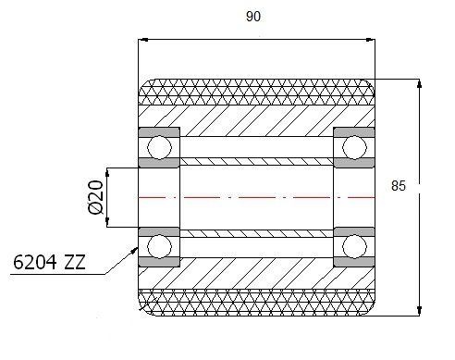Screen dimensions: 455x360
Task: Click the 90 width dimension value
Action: [x=253, y=17]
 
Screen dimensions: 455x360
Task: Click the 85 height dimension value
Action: [x=399, y=186]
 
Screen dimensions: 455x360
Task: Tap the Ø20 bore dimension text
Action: [x=95, y=197]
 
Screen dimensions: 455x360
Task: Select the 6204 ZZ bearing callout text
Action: [x=49, y=263]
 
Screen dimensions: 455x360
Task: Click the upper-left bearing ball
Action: [x=159, y=147]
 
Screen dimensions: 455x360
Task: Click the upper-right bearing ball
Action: [x=354, y=147]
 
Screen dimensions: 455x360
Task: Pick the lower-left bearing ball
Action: [x=159, y=246]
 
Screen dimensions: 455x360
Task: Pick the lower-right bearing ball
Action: [x=354, y=246]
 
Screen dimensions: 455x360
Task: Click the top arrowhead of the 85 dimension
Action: [x=419, y=83]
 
